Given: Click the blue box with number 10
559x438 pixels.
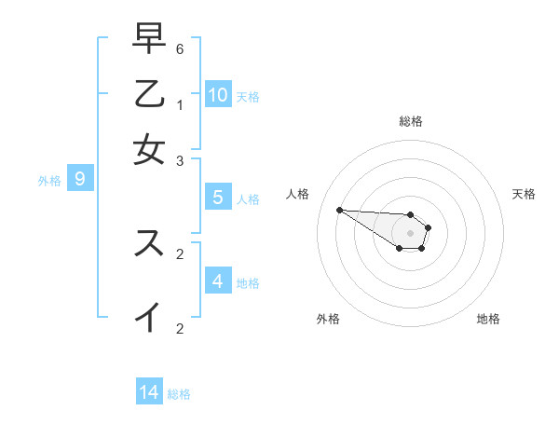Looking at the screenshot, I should click(x=217, y=94).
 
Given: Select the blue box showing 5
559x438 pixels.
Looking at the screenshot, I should click(x=217, y=198).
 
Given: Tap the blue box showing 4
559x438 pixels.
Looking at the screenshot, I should click(x=217, y=281).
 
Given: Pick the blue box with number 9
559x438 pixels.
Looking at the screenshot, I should click(x=80, y=180).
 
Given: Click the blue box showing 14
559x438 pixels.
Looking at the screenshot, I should click(x=149, y=392).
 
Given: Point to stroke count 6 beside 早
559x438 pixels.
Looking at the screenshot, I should click(x=180, y=49).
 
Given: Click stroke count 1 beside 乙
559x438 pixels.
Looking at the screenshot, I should click(x=180, y=105).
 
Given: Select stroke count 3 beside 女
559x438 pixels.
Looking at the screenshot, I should click(x=180, y=160).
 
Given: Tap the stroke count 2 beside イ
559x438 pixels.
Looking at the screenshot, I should click(x=180, y=328).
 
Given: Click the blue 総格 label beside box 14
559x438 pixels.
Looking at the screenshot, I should click(x=179, y=394).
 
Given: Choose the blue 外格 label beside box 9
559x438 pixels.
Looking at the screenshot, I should click(x=49, y=181).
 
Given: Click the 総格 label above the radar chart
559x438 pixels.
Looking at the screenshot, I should click(x=411, y=121).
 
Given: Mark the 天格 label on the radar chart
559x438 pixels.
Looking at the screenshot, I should click(x=524, y=194).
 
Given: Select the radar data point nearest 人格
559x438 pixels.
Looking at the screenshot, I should click(x=339, y=210).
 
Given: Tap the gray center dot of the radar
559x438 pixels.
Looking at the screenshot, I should click(x=410, y=232).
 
